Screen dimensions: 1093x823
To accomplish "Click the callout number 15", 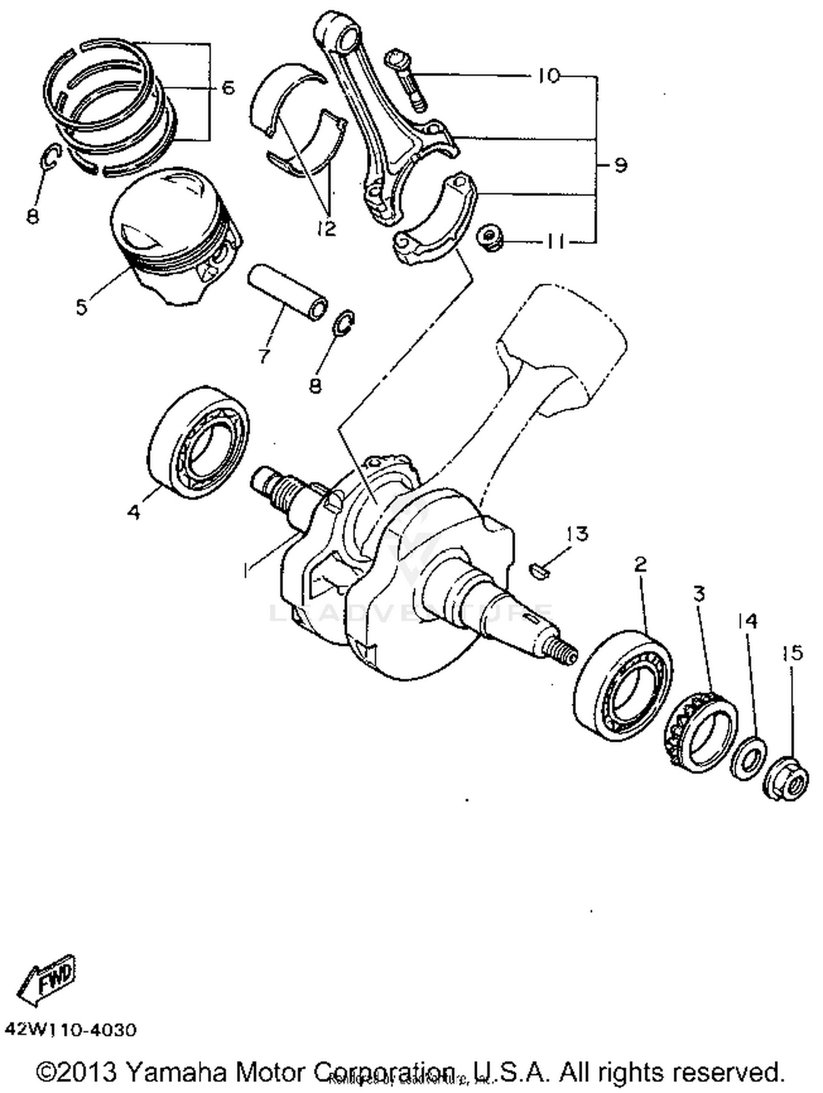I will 792,652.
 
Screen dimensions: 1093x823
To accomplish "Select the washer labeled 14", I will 748,759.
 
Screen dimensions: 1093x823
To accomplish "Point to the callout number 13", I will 578,533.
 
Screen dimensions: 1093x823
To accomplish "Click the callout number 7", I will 264,356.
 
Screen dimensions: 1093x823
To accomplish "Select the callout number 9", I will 621,165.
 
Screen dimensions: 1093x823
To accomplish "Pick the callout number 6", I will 227,88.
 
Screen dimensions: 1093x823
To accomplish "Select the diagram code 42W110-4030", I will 70,1030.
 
